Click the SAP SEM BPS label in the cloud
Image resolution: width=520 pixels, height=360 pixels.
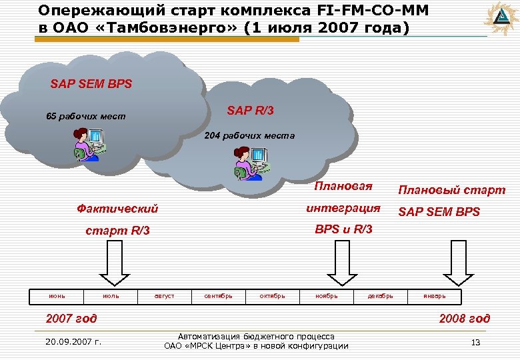click(91, 85)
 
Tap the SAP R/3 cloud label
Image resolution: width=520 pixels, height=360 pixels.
click(250, 110)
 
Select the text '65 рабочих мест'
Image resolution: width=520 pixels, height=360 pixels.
click(85, 117)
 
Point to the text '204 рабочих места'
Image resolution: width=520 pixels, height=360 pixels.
click(249, 135)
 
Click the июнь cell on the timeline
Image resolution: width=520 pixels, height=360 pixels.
click(56, 295)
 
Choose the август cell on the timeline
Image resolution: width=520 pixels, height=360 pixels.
click(165, 295)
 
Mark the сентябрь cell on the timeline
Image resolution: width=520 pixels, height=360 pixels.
click(219, 295)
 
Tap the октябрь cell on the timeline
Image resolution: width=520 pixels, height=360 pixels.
click(273, 295)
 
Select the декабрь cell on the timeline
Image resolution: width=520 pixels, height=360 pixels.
click(381, 295)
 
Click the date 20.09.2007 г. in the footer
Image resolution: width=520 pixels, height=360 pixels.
click(73, 342)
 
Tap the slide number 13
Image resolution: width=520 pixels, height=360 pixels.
click(475, 342)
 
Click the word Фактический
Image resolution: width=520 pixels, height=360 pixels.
click(118, 209)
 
